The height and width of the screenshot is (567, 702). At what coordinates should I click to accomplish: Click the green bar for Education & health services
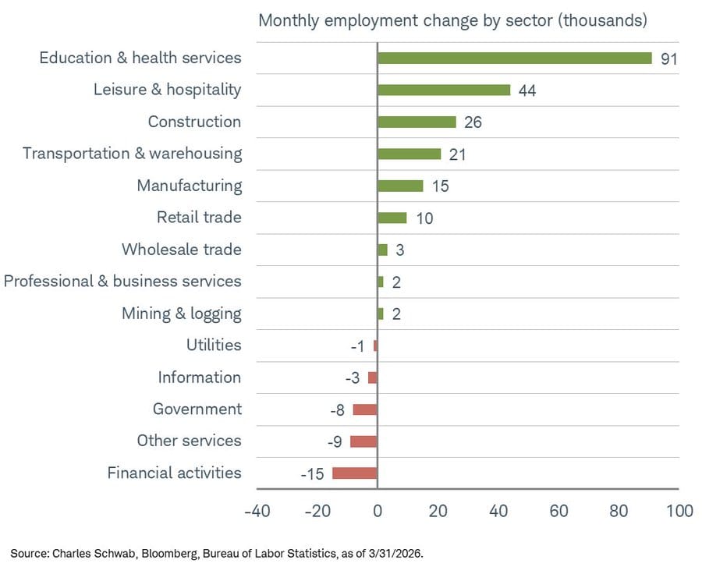click(514, 58)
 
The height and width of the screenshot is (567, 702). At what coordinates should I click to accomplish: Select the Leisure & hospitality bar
click(443, 90)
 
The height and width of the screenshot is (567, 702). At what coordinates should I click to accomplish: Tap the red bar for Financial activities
click(355, 473)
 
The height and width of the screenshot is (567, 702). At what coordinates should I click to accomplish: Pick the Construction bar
click(417, 122)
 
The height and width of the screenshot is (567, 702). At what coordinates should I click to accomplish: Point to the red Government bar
click(365, 409)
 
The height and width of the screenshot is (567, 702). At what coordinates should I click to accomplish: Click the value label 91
click(669, 59)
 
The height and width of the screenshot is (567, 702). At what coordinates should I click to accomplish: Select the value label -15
click(312, 473)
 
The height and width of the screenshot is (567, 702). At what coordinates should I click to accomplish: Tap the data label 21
click(457, 154)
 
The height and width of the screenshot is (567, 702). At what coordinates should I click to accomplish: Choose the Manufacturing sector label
click(189, 186)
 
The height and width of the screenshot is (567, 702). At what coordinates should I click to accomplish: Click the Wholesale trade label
click(181, 250)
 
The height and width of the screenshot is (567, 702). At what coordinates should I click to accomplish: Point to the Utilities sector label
click(214, 345)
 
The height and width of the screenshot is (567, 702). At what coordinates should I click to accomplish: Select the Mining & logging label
click(181, 314)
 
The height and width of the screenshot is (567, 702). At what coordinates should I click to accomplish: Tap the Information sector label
click(200, 377)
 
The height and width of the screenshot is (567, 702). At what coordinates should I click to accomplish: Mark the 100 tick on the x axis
click(679, 512)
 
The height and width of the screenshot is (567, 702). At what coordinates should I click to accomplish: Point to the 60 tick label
click(558, 512)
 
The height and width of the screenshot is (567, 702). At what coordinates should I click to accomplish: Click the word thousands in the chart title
click(601, 20)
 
